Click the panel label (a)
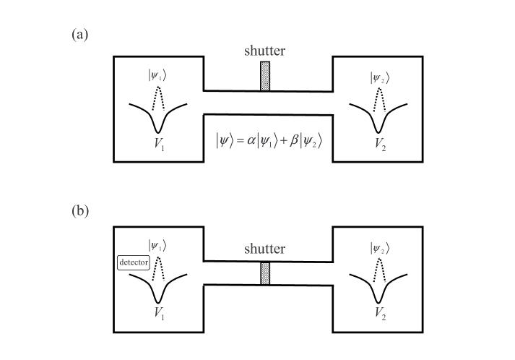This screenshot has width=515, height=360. pos(80,35)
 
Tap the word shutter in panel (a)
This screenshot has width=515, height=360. pos(265,51)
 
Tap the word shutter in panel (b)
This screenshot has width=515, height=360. pos(265,249)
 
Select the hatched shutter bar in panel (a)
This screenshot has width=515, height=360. pos(265,76)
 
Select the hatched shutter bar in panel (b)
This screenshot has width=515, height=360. pos(265,273)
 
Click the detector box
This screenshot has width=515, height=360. pos(133,262)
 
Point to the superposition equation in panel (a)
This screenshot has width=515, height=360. pos(269,140)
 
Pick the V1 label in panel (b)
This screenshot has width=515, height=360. pos(159,314)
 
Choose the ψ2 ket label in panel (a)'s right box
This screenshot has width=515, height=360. pos(380,76)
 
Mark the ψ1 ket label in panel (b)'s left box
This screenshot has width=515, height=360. pos(158,245)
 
